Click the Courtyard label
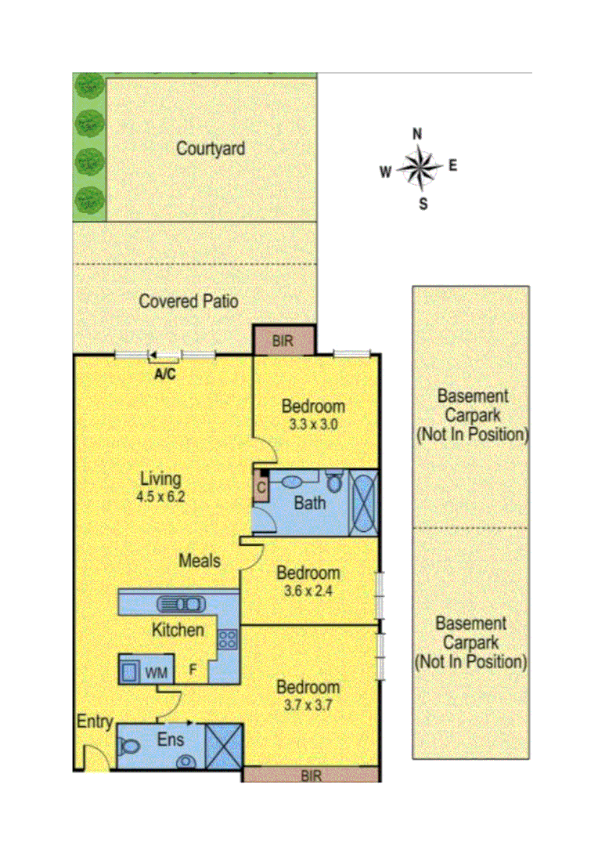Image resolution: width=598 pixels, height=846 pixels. [x=211, y=148]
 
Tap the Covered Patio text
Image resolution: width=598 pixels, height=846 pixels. [x=189, y=301]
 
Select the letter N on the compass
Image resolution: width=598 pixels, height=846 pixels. [x=418, y=133]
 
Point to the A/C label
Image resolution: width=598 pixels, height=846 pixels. [x=164, y=374]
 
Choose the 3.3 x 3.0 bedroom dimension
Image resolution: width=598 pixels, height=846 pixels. [x=313, y=425]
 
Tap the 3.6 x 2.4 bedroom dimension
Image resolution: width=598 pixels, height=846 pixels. [x=308, y=591]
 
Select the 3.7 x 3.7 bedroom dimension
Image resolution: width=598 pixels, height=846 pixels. [x=308, y=705]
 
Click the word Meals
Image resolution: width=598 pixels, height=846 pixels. [x=200, y=561]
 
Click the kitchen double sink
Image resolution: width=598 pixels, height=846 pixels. [x=182, y=603]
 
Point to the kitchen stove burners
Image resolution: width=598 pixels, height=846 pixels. [x=228, y=639]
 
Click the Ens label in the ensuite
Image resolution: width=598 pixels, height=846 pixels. [x=170, y=739]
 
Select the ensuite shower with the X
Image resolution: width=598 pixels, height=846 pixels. [x=224, y=747]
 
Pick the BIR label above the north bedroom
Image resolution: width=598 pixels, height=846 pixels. [x=283, y=342]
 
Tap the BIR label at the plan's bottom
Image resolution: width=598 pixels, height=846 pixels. [x=311, y=775]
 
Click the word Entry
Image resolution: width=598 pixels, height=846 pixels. [x=95, y=722]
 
